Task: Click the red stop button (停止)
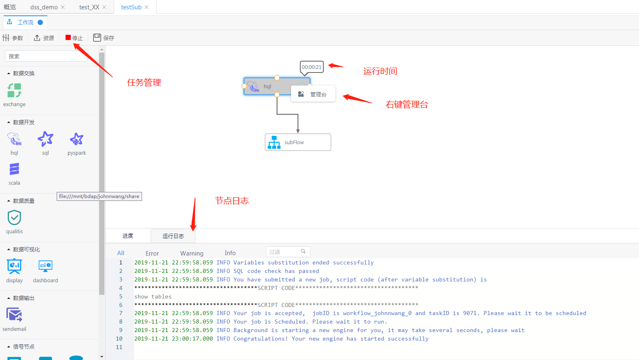pyautogui.click(x=74, y=38)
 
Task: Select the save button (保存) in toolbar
pyautogui.click(x=104, y=38)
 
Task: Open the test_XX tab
pyautogui.click(x=89, y=7)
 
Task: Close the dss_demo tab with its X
pyautogui.click(x=63, y=7)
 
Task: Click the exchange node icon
pyautogui.click(x=14, y=90)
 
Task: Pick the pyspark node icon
pyautogui.click(x=76, y=139)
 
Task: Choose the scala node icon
pyautogui.click(x=14, y=169)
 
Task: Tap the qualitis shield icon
pyautogui.click(x=14, y=218)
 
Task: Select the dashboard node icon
pyautogui.click(x=45, y=266)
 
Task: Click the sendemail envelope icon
pyautogui.click(x=14, y=315)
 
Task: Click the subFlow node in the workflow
pyautogui.click(x=298, y=142)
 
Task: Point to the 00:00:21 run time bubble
pyautogui.click(x=312, y=67)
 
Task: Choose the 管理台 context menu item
pyautogui.click(x=313, y=94)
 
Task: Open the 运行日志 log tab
pyautogui.click(x=173, y=236)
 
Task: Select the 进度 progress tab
pyautogui.click(x=128, y=236)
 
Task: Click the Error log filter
pyautogui.click(x=152, y=253)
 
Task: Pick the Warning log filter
pyautogui.click(x=192, y=253)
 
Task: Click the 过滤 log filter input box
pyautogui.click(x=283, y=252)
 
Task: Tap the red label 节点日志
pyautogui.click(x=231, y=201)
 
